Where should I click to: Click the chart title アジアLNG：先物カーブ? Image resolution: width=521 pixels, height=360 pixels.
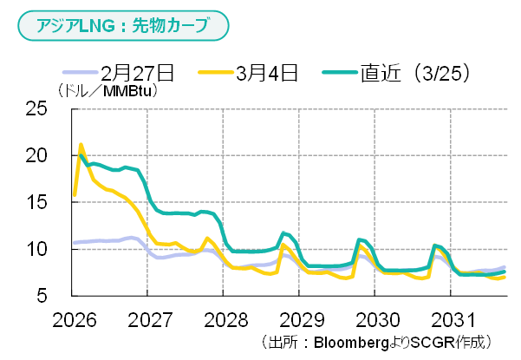tap(122, 26)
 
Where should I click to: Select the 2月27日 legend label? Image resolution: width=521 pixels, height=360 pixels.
tap(138, 72)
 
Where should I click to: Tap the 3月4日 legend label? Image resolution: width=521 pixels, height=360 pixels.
tap(267, 72)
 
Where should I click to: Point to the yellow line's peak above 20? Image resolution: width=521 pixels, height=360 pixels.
tap(81, 145)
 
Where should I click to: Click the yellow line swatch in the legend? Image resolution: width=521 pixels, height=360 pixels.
tap(216, 72)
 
